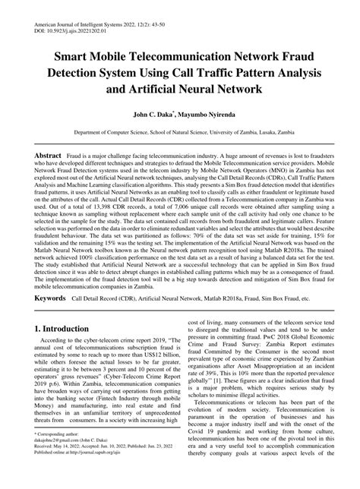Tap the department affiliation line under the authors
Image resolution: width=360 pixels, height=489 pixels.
(x=180, y=131)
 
